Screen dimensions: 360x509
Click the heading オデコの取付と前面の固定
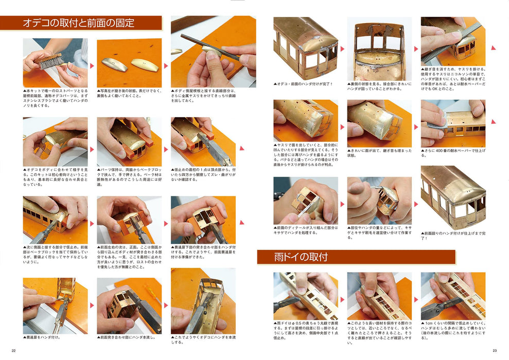[x=79, y=23]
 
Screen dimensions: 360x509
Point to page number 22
[x=14, y=351]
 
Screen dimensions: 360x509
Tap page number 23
[x=495, y=351]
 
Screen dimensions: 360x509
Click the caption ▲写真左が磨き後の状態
[x=129, y=96]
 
